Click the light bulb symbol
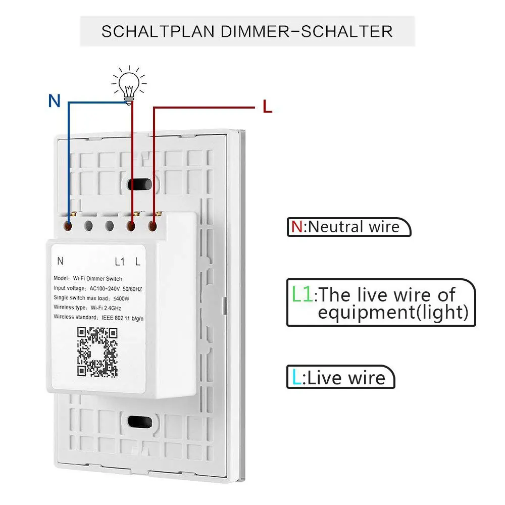(x=129, y=85)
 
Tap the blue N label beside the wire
(x=55, y=100)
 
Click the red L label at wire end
(x=267, y=106)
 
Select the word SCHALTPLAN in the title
(x=158, y=31)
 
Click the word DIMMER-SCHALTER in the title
(x=307, y=31)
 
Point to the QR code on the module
(x=97, y=352)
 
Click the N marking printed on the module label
(x=60, y=261)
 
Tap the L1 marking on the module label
(x=120, y=262)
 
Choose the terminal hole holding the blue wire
(x=68, y=226)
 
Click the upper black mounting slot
(x=140, y=184)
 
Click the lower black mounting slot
(x=140, y=422)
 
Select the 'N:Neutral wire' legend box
(x=349, y=227)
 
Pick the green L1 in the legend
(x=302, y=294)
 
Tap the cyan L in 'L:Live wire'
(x=296, y=377)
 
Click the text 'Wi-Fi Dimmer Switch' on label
(x=97, y=279)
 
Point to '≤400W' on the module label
(x=121, y=298)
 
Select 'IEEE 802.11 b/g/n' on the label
(x=123, y=318)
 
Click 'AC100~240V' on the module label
(x=105, y=288)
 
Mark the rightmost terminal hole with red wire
(x=153, y=226)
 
